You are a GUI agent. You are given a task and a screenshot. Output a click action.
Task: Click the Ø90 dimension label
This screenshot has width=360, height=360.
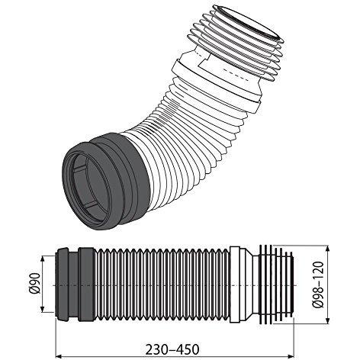[35, 283]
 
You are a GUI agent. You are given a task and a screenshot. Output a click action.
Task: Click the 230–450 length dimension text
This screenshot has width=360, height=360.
[172, 349]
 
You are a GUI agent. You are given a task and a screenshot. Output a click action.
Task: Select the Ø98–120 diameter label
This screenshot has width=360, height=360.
[319, 284]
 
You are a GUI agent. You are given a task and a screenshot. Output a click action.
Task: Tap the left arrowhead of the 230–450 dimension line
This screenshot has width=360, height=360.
[59, 357]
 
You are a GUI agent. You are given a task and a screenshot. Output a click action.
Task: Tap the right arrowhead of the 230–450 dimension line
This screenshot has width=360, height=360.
[291, 357]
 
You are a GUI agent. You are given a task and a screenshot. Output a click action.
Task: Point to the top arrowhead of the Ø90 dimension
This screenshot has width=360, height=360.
[43, 259]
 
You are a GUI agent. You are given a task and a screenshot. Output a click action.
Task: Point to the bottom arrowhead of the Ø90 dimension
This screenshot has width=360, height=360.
[43, 309]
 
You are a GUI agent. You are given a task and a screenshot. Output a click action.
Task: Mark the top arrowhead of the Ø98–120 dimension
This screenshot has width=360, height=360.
[327, 249]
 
